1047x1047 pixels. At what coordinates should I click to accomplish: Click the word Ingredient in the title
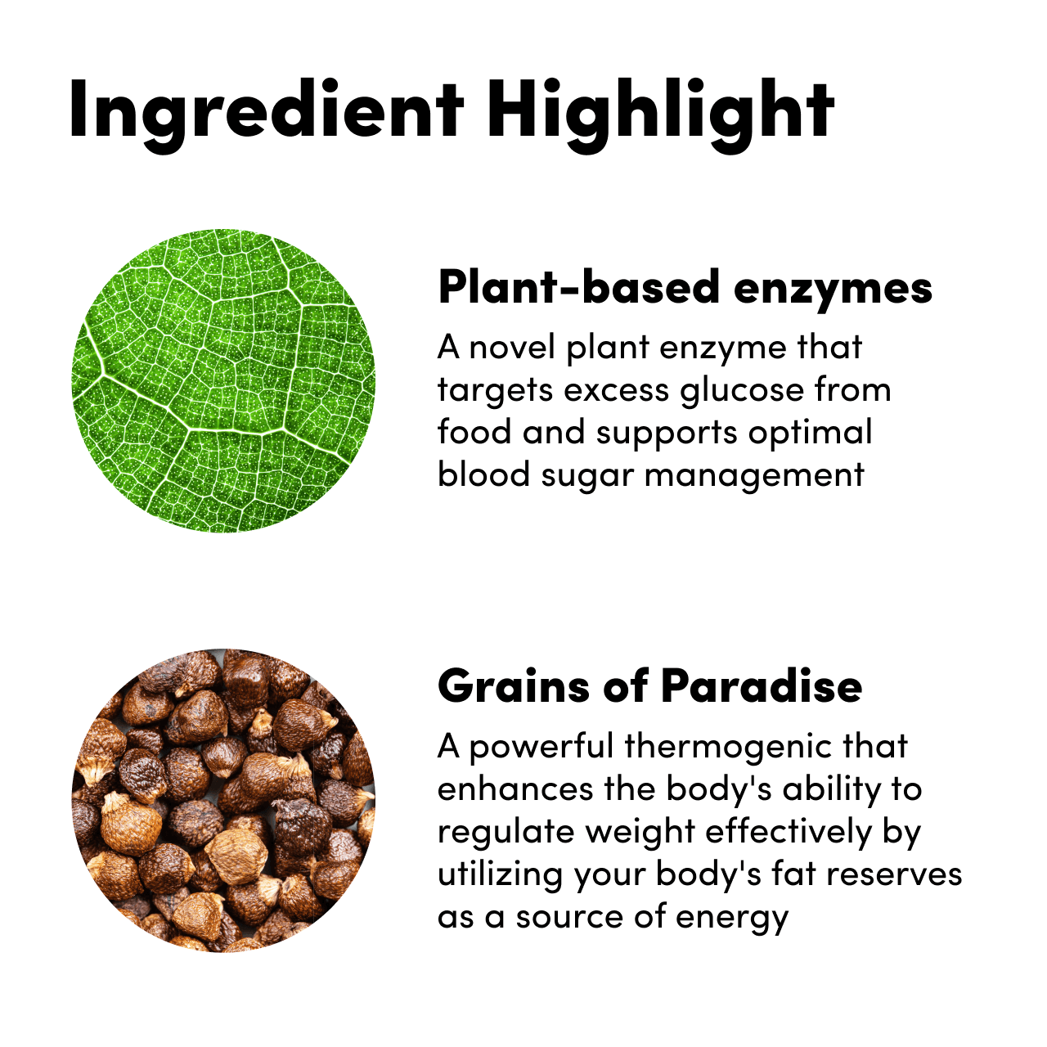click(x=266, y=115)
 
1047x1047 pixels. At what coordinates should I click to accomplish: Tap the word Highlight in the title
click(x=660, y=115)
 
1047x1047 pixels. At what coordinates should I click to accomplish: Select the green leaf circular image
click(x=223, y=380)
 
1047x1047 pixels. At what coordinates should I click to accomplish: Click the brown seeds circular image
click(x=223, y=800)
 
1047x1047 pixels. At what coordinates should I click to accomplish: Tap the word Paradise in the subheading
click(x=762, y=685)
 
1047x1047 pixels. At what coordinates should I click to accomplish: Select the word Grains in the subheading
click(x=514, y=685)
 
